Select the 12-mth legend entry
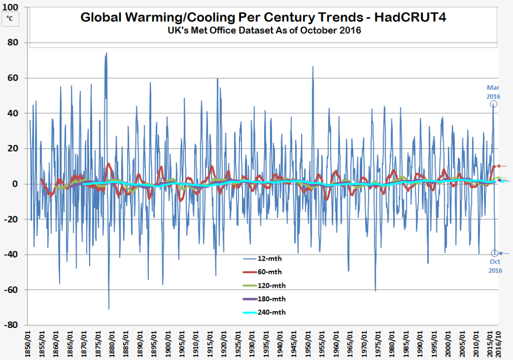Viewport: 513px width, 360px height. [264, 259]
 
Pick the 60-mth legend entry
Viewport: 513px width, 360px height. [264, 272]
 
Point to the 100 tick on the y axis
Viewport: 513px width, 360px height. [12, 8]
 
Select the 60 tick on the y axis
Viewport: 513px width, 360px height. [14, 78]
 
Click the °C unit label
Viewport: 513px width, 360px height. [10, 19]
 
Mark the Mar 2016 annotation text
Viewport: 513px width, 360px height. [493, 91]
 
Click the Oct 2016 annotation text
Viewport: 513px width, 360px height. [495, 266]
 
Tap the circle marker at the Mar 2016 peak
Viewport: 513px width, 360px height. [493, 104]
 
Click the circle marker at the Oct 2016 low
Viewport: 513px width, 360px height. [495, 253]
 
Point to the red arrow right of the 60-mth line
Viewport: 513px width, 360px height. [502, 166]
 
